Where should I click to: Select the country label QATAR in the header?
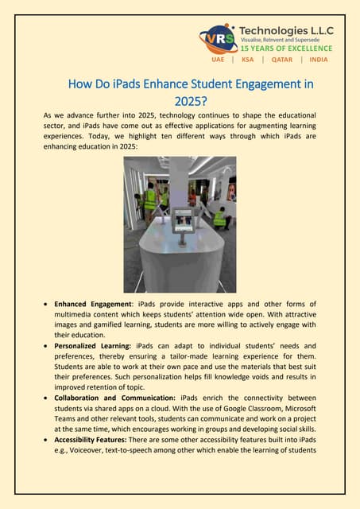coord(282,60)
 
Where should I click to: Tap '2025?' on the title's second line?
coord(191,101)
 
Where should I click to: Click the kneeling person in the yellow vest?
coord(219,216)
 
